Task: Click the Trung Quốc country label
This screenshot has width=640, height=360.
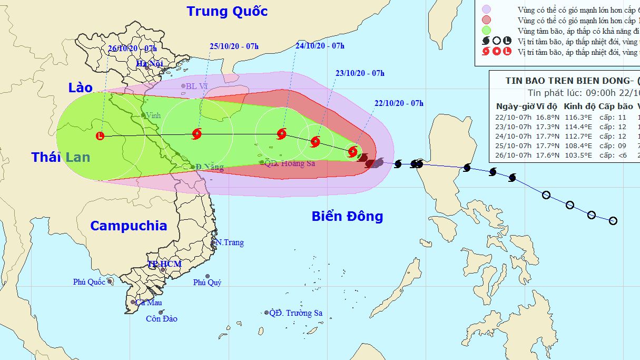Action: (227, 11)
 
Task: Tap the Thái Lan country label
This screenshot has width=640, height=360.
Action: (61, 157)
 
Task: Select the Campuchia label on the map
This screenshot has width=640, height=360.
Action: (129, 226)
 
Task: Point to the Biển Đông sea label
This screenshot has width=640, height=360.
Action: (347, 216)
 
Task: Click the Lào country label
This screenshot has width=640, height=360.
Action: (80, 87)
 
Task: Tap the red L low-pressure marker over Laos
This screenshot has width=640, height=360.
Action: (101, 136)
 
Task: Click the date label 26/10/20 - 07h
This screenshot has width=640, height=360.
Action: (132, 49)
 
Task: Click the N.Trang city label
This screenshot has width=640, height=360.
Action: (230, 242)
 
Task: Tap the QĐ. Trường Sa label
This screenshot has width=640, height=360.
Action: (296, 313)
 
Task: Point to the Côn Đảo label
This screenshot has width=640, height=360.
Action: (162, 318)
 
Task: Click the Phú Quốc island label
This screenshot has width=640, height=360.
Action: (89, 282)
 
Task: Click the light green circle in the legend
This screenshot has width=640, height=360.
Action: (486, 30)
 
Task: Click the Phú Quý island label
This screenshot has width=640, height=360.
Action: (207, 283)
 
